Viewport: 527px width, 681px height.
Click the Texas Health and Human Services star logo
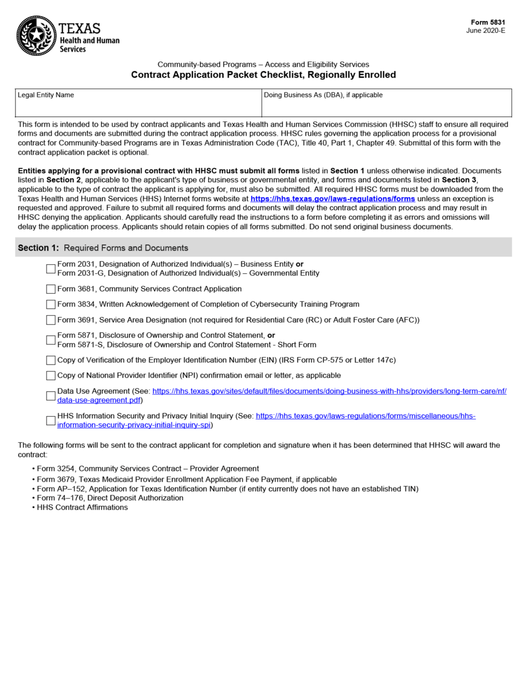(37, 36)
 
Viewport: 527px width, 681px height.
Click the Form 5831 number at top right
(488, 22)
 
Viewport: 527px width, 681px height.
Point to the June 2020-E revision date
(486, 30)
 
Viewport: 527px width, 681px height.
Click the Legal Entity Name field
(138, 107)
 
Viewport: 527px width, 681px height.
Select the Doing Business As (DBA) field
(386, 107)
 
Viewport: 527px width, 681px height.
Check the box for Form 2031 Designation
(51, 269)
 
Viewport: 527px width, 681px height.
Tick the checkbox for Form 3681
(51, 289)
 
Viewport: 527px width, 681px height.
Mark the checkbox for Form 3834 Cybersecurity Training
(51, 304)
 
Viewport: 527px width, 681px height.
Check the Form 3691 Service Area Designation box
(51, 320)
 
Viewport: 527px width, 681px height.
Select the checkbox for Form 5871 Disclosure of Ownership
(51, 340)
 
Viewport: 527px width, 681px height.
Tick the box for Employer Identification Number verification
(51, 360)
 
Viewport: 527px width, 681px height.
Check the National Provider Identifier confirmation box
(51, 376)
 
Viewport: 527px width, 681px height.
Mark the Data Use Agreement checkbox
(51, 396)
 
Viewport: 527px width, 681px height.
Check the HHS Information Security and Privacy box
(51, 421)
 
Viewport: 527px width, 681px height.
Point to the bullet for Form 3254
(34, 469)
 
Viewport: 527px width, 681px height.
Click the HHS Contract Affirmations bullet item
(82, 507)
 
